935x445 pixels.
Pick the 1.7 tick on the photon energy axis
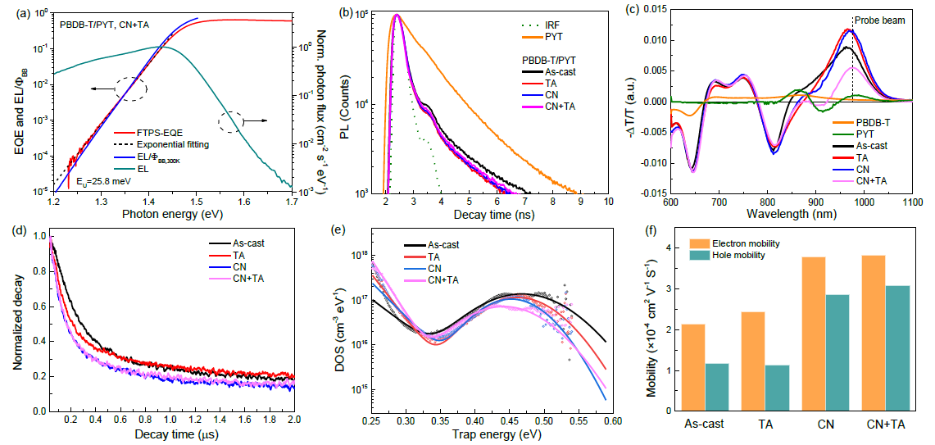[293, 201]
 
